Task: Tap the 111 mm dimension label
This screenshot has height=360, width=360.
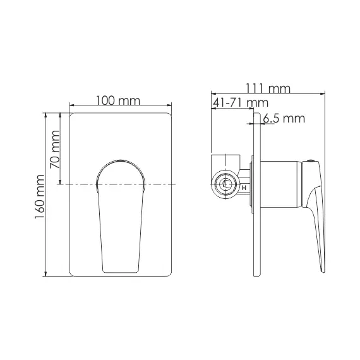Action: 270,89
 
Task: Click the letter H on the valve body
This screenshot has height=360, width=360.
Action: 243,187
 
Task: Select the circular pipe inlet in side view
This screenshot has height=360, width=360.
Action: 225,185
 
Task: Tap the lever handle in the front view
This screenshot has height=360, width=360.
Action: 120,215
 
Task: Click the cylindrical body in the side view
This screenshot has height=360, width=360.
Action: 278,184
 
